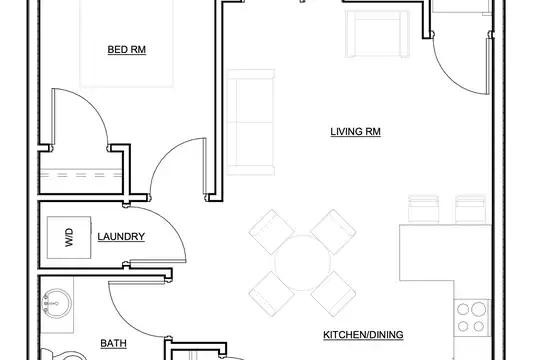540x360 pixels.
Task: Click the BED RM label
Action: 127,50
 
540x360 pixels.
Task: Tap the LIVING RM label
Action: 355,132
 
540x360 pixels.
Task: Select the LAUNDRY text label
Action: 121,237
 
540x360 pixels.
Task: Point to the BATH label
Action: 113,343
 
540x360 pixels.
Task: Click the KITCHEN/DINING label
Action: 363,335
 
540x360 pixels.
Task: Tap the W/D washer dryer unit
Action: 69,237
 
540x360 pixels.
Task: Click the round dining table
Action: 302,263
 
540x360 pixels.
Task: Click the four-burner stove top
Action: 472,318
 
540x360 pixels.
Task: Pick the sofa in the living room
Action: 251,122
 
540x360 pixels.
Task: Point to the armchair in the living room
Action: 377,34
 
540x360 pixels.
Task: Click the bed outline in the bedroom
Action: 126,43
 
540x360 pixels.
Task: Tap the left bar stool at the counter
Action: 424,209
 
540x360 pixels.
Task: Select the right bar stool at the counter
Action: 470,209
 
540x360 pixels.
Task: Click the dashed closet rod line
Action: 81,175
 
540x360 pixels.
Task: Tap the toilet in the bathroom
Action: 65,355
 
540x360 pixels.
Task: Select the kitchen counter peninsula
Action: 445,253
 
